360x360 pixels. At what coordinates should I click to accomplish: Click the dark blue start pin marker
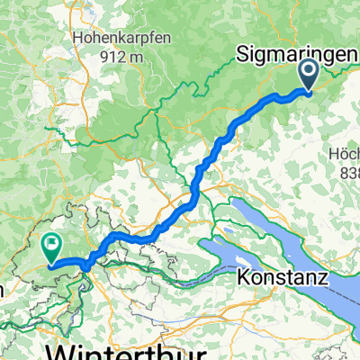click(308, 74)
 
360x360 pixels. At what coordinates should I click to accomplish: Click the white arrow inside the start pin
click(308, 70)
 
